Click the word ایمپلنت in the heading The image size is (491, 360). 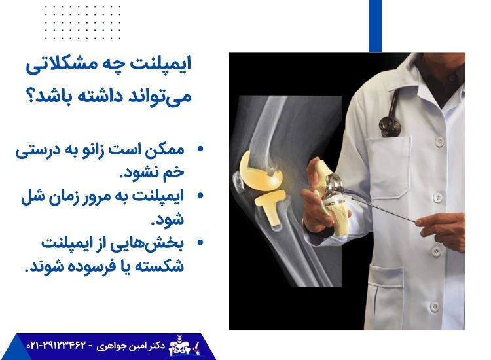coord(172,66)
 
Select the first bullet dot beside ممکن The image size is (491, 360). coord(200,150)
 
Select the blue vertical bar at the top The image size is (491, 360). coord(374,26)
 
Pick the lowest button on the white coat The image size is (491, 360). coord(433,306)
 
